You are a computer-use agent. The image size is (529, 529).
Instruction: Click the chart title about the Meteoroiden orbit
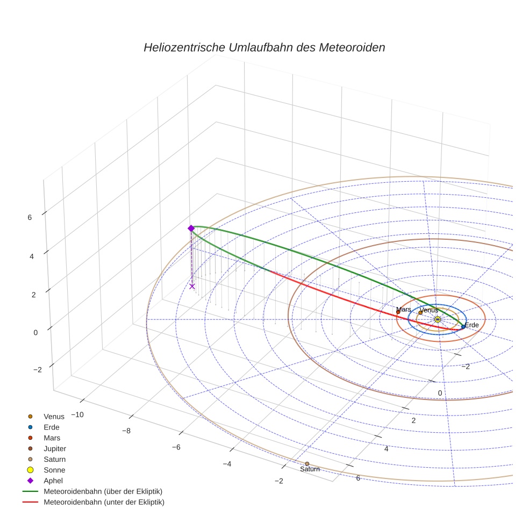pyautogui.click(x=264, y=47)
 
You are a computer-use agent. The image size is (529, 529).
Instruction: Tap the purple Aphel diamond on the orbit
pyautogui.click(x=191, y=228)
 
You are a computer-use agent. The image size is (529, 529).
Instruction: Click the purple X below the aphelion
pyautogui.click(x=192, y=286)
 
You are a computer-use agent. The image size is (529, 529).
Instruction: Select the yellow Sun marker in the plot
pyautogui.click(x=437, y=319)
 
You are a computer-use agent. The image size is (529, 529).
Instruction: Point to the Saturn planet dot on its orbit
pyautogui.click(x=307, y=463)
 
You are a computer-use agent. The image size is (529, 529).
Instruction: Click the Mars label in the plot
pyautogui.click(x=403, y=310)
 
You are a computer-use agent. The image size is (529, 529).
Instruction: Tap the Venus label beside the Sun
pyautogui.click(x=428, y=310)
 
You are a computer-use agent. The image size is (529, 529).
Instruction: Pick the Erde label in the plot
pyautogui.click(x=471, y=325)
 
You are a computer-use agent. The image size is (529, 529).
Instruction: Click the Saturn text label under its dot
pyautogui.click(x=310, y=469)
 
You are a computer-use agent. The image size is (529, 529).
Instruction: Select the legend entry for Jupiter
pyautogui.click(x=55, y=448)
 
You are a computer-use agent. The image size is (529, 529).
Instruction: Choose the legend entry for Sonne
pyautogui.click(x=54, y=470)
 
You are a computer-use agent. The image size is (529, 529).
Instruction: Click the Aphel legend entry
pyautogui.click(x=53, y=481)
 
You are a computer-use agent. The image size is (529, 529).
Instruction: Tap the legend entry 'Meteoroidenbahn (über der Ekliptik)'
pyautogui.click(x=103, y=491)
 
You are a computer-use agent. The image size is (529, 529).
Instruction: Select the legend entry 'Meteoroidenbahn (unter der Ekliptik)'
pyautogui.click(x=104, y=502)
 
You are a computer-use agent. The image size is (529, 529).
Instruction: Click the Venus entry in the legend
pyautogui.click(x=54, y=416)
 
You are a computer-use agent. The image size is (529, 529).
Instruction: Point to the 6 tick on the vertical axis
pyautogui.click(x=30, y=217)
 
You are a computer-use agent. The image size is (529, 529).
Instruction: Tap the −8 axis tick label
pyautogui.click(x=127, y=431)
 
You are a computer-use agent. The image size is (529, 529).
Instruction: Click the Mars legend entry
pyautogui.click(x=52, y=438)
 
